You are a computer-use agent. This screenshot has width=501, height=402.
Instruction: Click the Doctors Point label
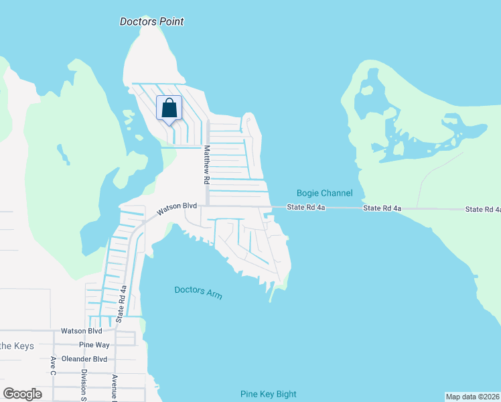tap(151, 21)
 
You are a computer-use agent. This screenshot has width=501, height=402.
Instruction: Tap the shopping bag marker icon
tap(169, 109)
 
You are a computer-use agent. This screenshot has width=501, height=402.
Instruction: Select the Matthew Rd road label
tap(207, 165)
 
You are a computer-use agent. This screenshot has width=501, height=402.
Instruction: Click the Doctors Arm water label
tap(198, 292)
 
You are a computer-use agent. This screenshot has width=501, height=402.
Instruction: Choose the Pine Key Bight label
tap(268, 394)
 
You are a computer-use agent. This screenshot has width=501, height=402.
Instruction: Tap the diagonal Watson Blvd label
tap(177, 209)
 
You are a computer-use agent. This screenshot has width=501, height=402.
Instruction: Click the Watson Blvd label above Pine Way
tap(81, 331)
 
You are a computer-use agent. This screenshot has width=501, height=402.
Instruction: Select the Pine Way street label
tap(94, 345)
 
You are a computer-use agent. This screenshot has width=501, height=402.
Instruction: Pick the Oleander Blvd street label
tap(85, 358)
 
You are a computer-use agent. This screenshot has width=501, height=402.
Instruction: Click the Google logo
tap(22, 394)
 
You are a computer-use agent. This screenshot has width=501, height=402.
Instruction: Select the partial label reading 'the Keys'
tap(13, 346)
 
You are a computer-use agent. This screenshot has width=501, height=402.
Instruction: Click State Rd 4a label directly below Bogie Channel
tap(306, 208)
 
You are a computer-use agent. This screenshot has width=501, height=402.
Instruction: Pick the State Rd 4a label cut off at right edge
tap(483, 210)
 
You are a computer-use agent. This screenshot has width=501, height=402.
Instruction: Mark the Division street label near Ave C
tap(84, 385)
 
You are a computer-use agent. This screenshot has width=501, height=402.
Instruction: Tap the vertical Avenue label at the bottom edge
tap(115, 387)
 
